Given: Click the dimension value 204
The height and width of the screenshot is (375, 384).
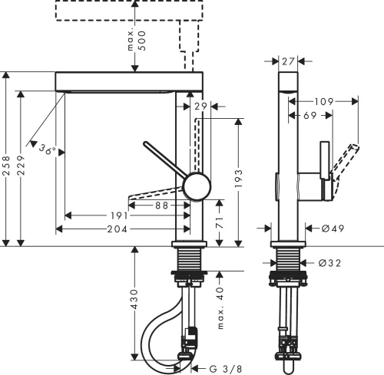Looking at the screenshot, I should [117, 229].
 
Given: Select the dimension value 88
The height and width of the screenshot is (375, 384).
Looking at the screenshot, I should [161, 205].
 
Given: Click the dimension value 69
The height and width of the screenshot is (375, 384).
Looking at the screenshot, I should [310, 114].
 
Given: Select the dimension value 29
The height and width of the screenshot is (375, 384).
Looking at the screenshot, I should [201, 107].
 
